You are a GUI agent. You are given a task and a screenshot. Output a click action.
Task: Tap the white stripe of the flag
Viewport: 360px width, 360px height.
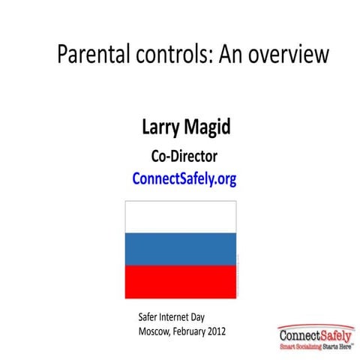pyautogui.click(x=179, y=217)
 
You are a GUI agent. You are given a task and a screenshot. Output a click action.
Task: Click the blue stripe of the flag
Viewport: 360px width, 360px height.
pyautogui.click(x=179, y=248)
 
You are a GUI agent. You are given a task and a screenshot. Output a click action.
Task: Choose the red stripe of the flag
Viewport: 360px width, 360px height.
pyautogui.click(x=179, y=280)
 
